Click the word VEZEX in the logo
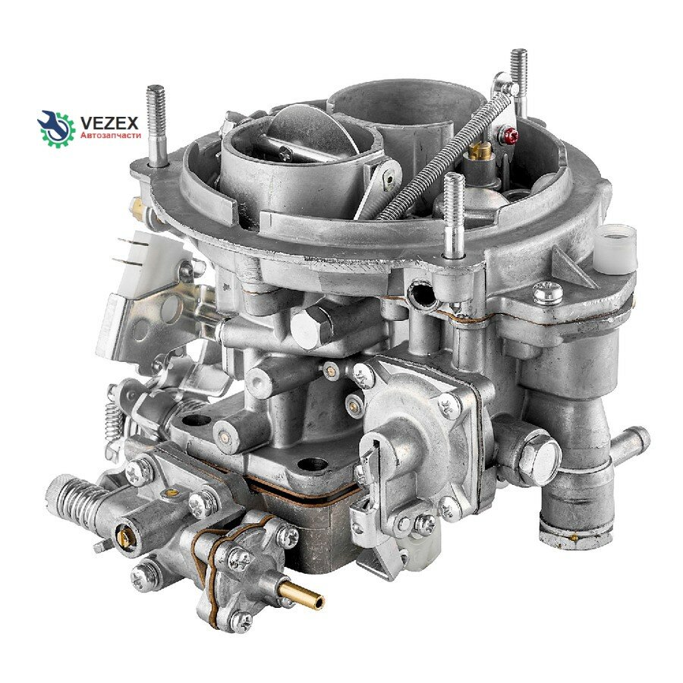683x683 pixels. pyautogui.click(x=110, y=123)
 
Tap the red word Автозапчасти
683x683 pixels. pyautogui.click(x=111, y=136)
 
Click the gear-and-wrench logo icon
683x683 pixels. pyautogui.click(x=55, y=129)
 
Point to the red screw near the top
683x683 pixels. pyautogui.click(x=508, y=135)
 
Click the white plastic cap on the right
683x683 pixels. pyautogui.click(x=615, y=249)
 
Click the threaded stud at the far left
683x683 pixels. pyautogui.click(x=156, y=125)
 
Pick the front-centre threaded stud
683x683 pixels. pyautogui.click(x=454, y=216)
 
